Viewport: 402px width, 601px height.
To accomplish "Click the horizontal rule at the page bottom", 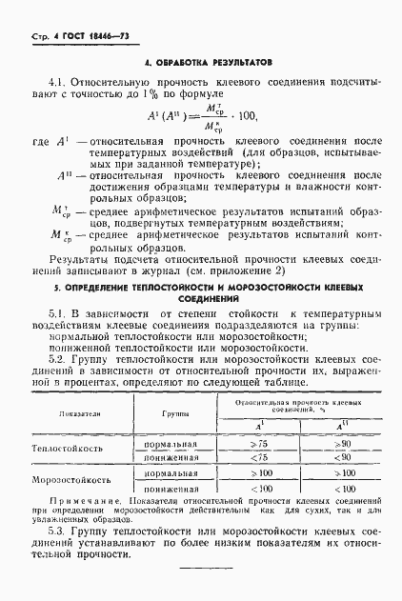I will click(209, 570).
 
